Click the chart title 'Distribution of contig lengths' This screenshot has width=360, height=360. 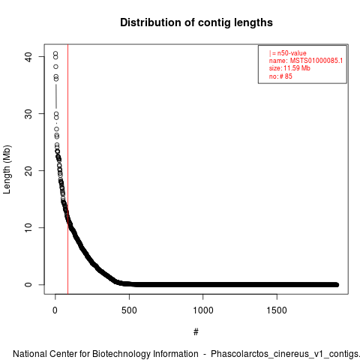pyautogui.click(x=196, y=22)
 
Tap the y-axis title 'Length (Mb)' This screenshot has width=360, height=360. pyautogui.click(x=7, y=169)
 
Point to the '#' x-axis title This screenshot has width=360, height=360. pyautogui.click(x=196, y=332)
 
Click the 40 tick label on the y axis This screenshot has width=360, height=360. pyautogui.click(x=28, y=57)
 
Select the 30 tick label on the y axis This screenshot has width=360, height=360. pyautogui.click(x=28, y=114)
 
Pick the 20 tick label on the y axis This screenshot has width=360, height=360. pyautogui.click(x=28, y=171)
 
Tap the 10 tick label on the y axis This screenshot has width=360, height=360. pyautogui.click(x=28, y=228)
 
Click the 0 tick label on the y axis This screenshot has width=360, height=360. pyautogui.click(x=28, y=285)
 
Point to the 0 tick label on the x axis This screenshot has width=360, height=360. pyautogui.click(x=55, y=310)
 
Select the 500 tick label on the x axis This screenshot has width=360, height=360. pyautogui.click(x=129, y=310)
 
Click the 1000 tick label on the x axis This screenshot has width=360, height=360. pyautogui.click(x=203, y=310)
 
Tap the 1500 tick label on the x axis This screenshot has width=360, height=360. pyautogui.click(x=277, y=310)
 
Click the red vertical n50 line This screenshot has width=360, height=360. pyautogui.click(x=67, y=169)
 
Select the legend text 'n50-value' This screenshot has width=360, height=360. pyautogui.click(x=292, y=53)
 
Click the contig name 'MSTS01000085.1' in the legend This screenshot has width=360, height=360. pyautogui.click(x=316, y=61)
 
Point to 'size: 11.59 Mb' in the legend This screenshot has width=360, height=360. pyautogui.click(x=289, y=68)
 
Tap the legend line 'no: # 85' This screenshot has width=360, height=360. pyautogui.click(x=280, y=76)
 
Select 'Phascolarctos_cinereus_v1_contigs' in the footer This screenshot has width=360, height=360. pyautogui.click(x=284, y=355)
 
